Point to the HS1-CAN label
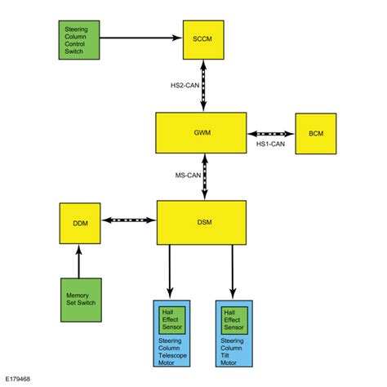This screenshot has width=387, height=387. (272, 145)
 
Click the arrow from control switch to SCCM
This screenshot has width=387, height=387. (140, 38)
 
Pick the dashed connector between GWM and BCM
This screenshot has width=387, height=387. (272, 133)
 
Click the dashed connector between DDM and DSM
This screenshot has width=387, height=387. (127, 220)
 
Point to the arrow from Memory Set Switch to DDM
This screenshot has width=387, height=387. (80, 260)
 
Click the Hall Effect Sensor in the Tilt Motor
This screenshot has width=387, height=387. (234, 318)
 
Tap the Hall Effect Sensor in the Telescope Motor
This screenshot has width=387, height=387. (172, 318)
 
